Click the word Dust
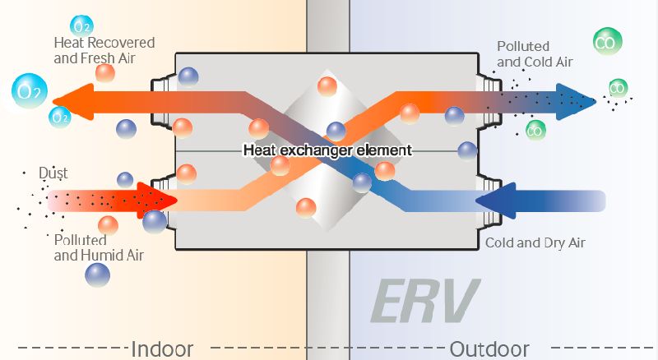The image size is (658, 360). pos(53,173)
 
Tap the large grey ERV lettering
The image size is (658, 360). pos(424,301)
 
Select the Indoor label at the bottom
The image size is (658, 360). pos(162,349)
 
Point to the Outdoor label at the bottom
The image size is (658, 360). pos(489,349)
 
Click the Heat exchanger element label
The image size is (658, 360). pos(327,150)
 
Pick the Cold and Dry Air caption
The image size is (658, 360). pos(535,243)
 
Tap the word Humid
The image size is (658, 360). pos(104,255)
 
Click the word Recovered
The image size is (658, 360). pos(122,43)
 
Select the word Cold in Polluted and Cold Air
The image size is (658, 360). pos(539,62)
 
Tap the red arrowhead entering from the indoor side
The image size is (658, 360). pos(156,201)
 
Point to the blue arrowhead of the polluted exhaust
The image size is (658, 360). pos(576,102)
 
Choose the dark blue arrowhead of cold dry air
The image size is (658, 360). pos(495,201)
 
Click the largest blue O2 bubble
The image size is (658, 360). pos(29,91)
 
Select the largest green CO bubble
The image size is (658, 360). pos(607,42)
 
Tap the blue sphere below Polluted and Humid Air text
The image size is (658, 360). pos(97,275)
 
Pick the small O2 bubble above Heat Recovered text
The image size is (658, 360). pos(81,26)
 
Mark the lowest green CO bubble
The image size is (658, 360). pos(535,131)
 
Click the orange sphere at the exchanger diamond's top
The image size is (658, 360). pos(327,87)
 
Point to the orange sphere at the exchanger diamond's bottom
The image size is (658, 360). pos(306,208)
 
